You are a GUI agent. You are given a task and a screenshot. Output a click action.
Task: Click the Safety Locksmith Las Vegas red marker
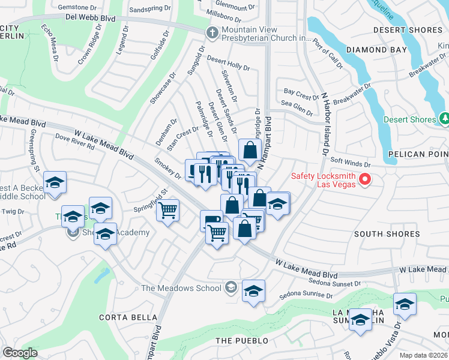(x=364, y=179)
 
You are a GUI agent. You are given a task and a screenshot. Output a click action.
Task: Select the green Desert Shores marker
(x=444, y=119)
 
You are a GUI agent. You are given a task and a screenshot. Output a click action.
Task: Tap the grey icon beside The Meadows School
(x=230, y=288)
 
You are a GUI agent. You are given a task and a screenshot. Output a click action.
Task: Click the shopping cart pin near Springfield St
(x=168, y=210)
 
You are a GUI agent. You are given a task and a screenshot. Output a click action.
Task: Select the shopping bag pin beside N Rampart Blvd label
(x=250, y=150)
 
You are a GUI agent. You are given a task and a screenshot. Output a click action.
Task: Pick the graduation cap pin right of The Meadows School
(x=254, y=292)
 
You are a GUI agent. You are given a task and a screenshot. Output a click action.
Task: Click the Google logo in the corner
(x=20, y=353)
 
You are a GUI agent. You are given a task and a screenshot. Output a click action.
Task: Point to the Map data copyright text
(x=423, y=355)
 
